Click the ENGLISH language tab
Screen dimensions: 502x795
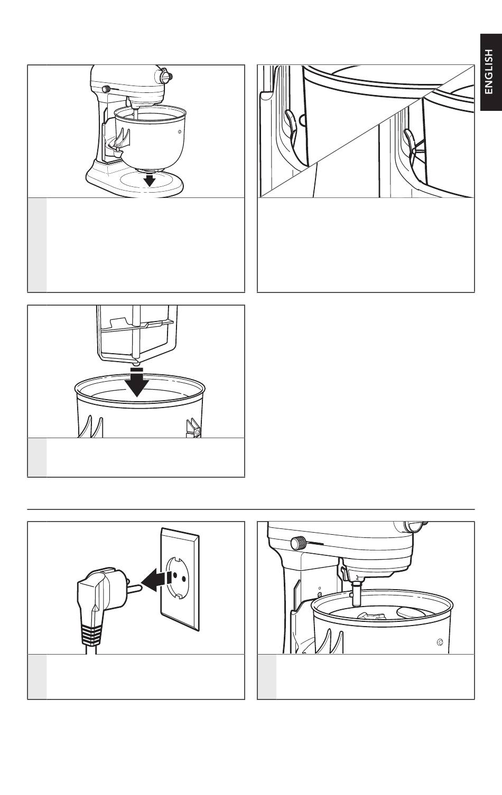tap(491, 72)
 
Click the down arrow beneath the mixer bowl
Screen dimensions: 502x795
tap(151, 179)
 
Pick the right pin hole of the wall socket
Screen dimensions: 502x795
tap(184, 579)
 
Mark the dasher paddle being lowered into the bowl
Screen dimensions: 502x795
tap(137, 335)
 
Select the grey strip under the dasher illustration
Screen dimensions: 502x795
tap(37, 458)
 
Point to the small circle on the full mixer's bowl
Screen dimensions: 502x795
tap(179, 131)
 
